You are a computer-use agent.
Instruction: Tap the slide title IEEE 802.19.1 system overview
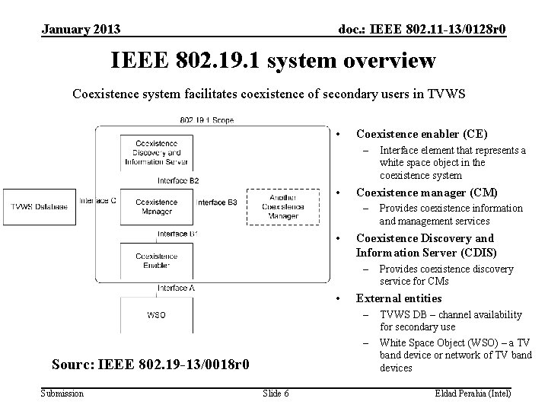point(273,60)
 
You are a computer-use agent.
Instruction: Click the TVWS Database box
point(39,206)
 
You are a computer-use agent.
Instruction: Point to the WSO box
point(156,314)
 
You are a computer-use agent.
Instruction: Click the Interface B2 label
point(179,180)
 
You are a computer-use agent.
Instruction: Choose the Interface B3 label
point(217,202)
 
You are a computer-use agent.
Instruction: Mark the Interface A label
point(177,288)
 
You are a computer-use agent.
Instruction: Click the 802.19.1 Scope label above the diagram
point(207,119)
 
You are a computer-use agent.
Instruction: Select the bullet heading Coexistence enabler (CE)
point(422,133)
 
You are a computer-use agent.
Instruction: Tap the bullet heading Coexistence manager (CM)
point(426,192)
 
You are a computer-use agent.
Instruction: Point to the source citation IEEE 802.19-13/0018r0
point(150,365)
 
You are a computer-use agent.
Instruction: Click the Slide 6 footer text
point(275,393)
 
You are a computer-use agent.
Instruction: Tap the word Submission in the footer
point(62,393)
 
